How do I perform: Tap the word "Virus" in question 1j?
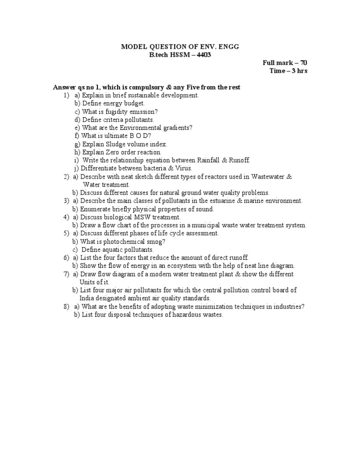click(182, 168)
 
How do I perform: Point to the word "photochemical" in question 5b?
click(119, 241)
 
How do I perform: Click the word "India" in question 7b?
click(87, 298)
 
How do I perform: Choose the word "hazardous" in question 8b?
click(187, 315)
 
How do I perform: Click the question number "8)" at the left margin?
click(66, 307)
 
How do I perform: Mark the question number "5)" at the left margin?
click(66, 233)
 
